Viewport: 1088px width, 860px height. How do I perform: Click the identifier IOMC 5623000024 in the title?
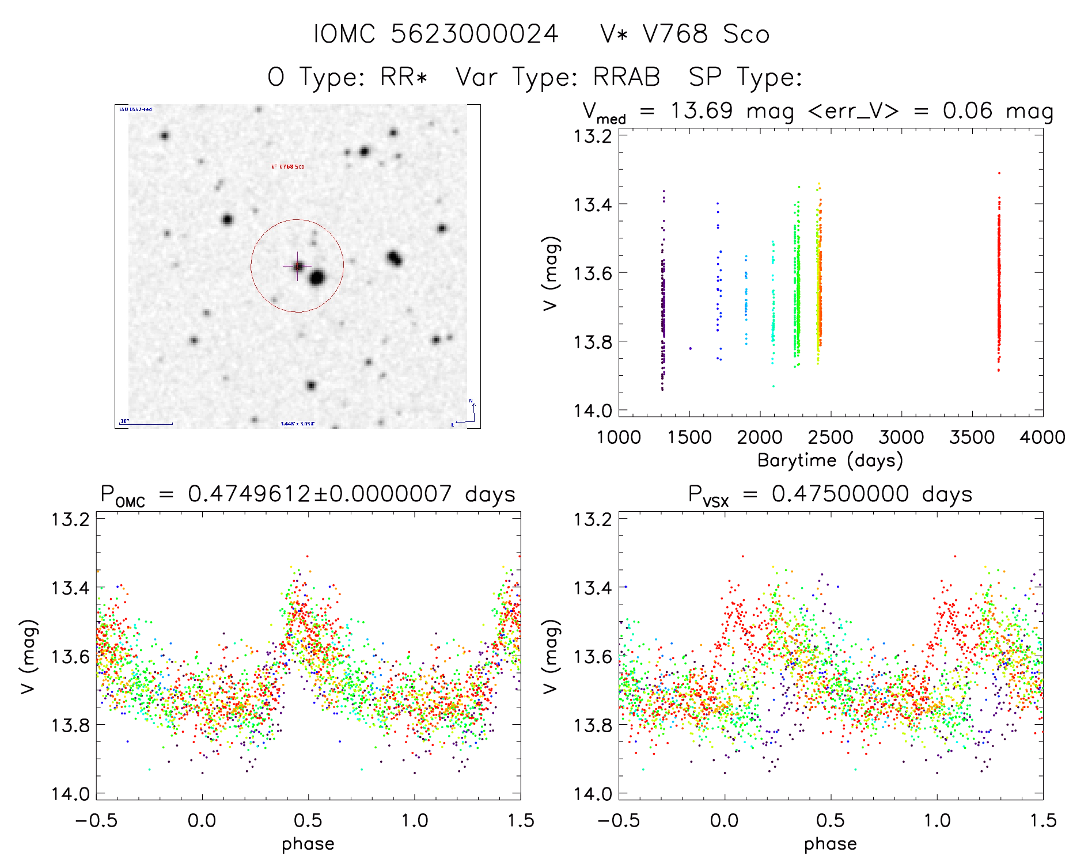pos(436,34)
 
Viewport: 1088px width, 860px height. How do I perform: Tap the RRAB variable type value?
pos(627,77)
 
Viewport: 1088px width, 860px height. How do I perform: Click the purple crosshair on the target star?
pos(298,266)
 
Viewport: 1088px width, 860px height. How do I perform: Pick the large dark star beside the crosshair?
pos(317,279)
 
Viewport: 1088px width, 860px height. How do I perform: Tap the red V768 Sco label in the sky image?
pos(288,167)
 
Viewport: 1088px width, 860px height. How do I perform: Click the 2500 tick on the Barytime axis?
pos(831,437)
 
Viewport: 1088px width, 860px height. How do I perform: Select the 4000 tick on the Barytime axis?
pos(1042,437)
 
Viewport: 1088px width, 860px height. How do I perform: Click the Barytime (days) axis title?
pos(830,461)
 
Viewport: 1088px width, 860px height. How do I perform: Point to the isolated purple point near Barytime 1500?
pos(691,348)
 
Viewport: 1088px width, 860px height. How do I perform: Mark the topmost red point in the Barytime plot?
pos(999,173)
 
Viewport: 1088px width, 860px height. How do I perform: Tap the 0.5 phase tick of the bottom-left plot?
pos(308,820)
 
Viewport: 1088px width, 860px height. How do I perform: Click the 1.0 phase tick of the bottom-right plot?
pos(937,820)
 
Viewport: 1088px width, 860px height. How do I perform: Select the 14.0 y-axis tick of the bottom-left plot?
pos(70,794)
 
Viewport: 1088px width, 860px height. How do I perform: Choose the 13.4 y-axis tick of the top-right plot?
pos(593,204)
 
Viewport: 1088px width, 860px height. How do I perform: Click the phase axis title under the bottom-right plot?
pos(830,844)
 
